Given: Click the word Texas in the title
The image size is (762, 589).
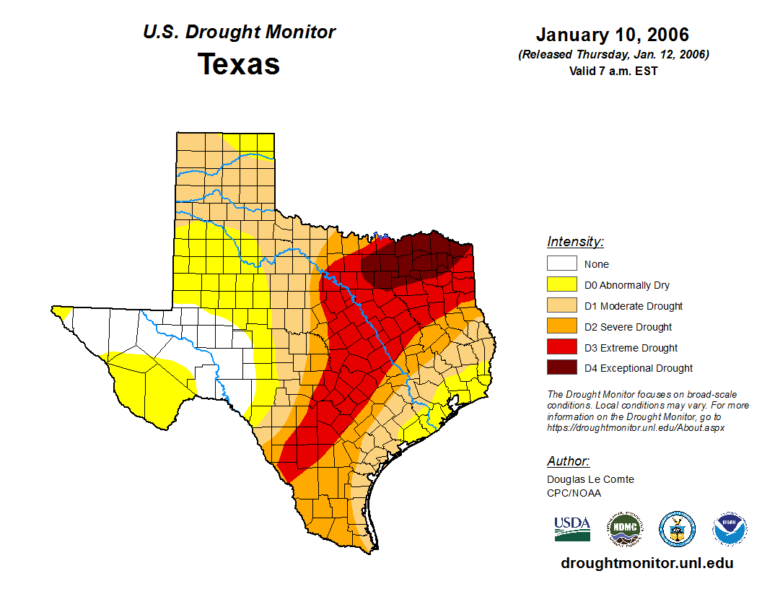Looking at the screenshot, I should point(239,64).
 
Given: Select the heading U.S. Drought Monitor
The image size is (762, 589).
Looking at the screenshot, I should point(239,32).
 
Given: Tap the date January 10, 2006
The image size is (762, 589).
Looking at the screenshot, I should point(613,35).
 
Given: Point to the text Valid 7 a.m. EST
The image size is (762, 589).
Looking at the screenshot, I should point(613,70).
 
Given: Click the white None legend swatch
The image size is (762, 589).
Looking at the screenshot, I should point(561,264).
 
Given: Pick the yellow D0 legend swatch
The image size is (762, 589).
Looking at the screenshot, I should point(561,284).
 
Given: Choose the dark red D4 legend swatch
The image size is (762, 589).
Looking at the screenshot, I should point(561,367).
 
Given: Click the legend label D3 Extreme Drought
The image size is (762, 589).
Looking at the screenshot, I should point(631,348).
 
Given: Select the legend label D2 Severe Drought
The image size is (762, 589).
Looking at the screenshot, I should point(628,327).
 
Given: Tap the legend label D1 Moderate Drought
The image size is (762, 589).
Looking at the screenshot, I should point(634,306).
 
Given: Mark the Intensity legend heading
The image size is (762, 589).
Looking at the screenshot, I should point(575,242).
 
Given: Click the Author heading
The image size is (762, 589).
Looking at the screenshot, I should point(568,461).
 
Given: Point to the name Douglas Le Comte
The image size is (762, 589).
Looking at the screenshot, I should point(590,479).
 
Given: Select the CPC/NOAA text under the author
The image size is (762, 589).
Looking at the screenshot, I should point(574,493).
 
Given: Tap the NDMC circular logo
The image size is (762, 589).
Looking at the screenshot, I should point(625,529).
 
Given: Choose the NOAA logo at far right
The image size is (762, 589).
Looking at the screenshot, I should point(730,529).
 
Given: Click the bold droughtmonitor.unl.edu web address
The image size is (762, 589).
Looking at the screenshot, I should point(647,564).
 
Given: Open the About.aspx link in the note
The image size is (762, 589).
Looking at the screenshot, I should point(635,427).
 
